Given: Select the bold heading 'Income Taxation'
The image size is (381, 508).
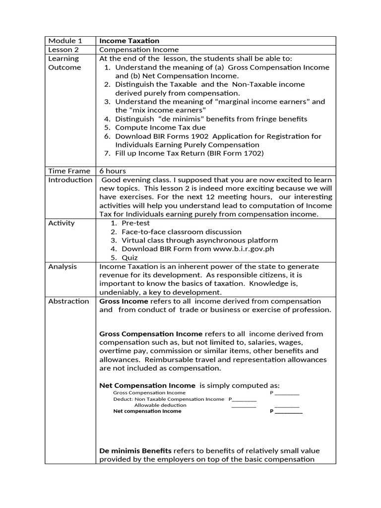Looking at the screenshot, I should (x=129, y=41).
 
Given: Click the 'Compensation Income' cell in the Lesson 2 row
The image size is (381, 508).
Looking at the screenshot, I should (x=139, y=50).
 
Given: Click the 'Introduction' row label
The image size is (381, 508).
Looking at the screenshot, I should (x=70, y=180).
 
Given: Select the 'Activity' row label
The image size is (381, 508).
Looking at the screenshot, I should (x=62, y=223).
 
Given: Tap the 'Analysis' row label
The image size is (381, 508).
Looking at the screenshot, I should (x=63, y=266).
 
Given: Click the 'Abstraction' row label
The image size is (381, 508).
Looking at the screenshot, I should (x=68, y=301).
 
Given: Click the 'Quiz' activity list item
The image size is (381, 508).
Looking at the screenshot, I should (x=130, y=257).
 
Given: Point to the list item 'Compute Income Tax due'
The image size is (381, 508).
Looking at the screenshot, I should (x=160, y=127).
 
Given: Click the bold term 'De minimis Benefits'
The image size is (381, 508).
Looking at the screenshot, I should (x=135, y=450).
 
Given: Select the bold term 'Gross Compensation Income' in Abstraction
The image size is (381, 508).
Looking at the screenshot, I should (x=151, y=334).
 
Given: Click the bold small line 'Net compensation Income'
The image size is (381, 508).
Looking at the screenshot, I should (x=147, y=411).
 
